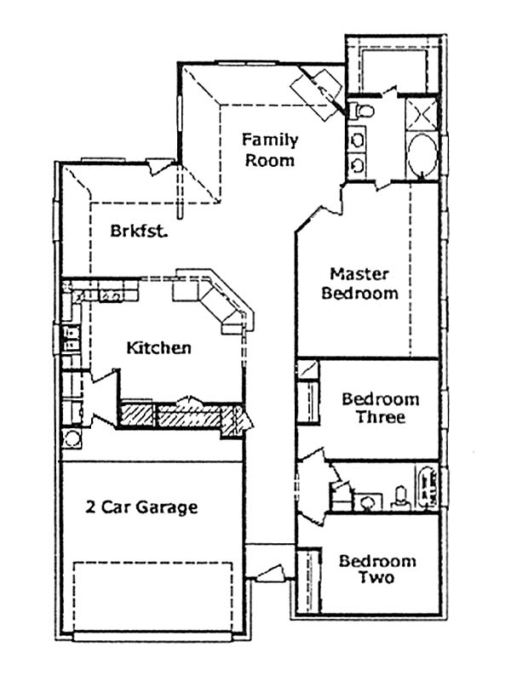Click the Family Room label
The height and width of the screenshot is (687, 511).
coord(270,150)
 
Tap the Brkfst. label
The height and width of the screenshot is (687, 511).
coord(139,231)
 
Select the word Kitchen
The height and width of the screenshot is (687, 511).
coord(158,348)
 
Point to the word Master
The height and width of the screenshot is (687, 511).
coord(359,274)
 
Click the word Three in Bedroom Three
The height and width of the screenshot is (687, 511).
coord(381,416)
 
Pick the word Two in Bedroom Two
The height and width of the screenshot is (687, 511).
coord(377,577)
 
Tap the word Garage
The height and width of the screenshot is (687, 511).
coord(167,507)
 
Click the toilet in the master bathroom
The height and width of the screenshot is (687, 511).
coord(362,110)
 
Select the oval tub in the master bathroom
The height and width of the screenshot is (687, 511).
coord(422,155)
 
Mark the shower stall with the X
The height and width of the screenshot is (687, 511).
coord(422,114)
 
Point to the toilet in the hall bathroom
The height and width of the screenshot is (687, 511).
coord(400,499)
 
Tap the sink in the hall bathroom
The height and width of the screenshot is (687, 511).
coord(367,502)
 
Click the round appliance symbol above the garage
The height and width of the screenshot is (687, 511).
coord(71,438)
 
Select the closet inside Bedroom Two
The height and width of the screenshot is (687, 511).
coord(308,581)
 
